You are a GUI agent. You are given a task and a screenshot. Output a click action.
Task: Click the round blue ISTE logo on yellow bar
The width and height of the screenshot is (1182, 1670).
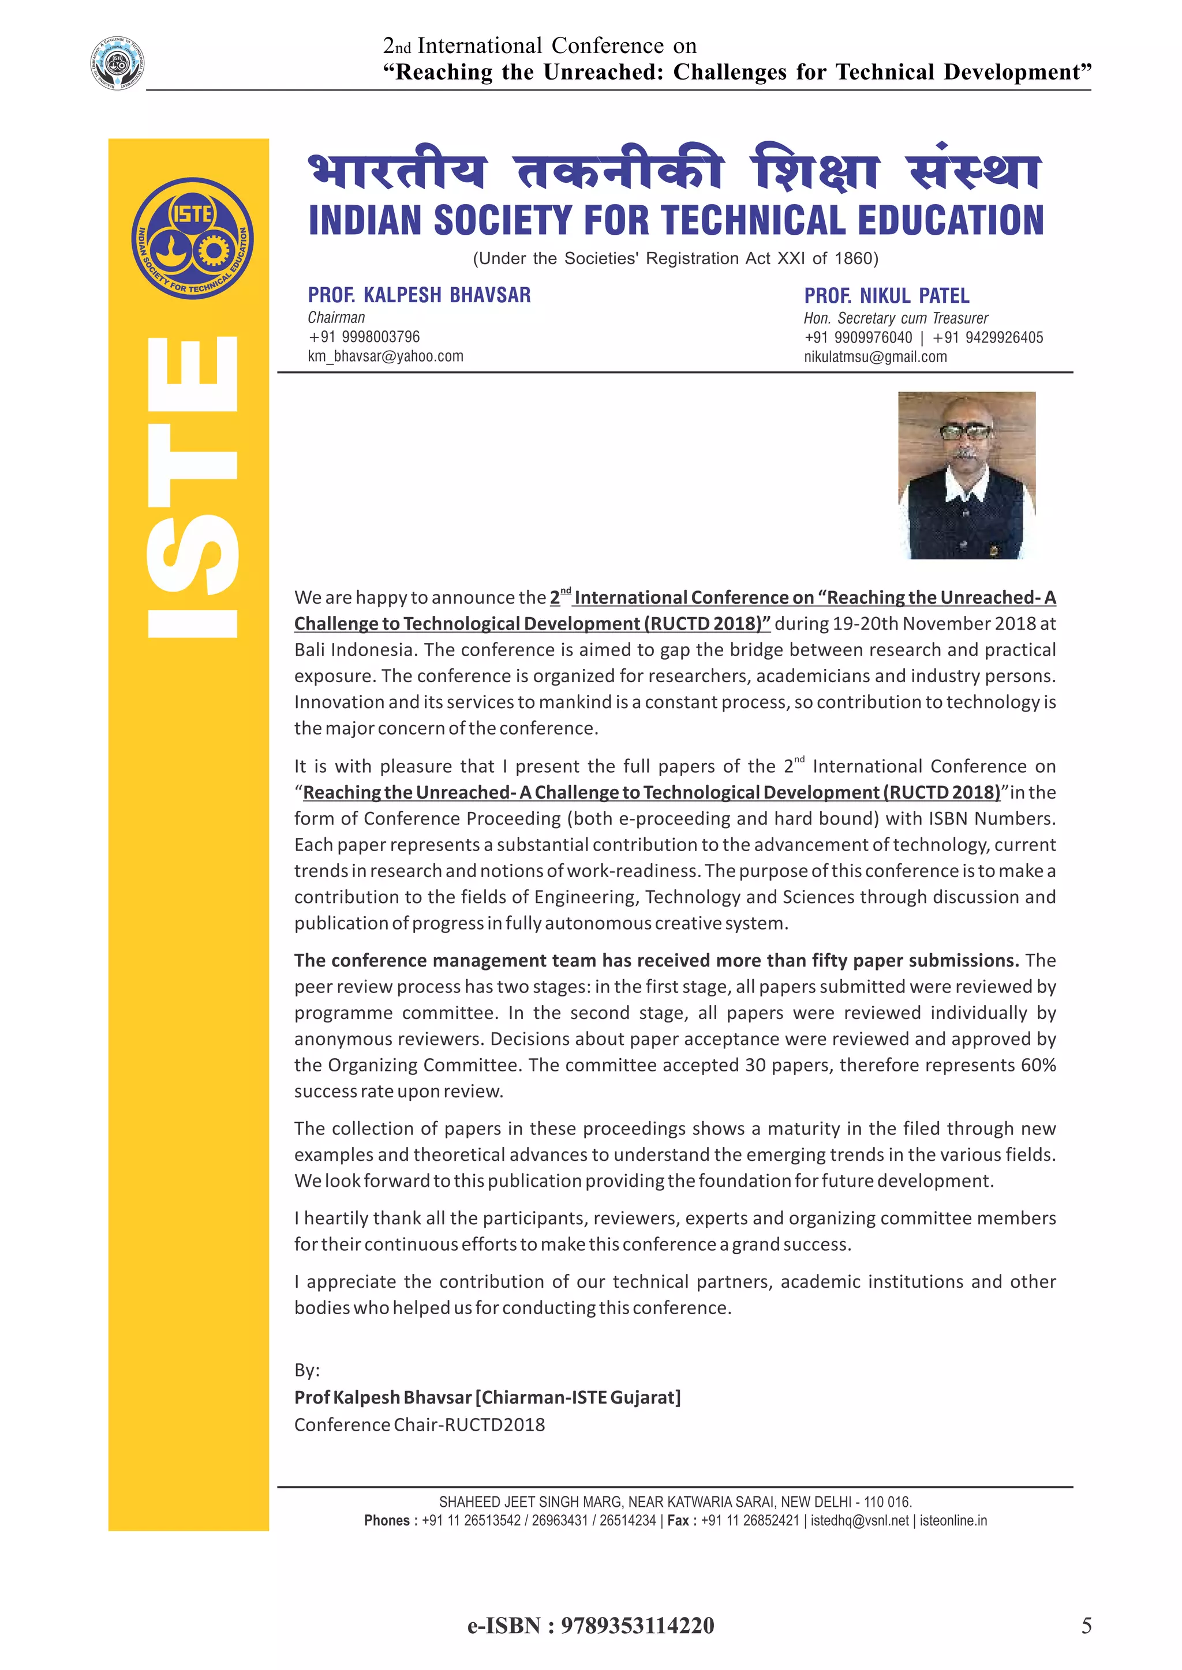click(x=192, y=238)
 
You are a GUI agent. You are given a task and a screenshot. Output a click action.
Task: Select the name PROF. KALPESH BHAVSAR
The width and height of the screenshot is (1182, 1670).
click(x=418, y=295)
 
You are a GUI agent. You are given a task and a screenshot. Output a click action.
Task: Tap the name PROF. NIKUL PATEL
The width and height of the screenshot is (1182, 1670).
click(x=886, y=295)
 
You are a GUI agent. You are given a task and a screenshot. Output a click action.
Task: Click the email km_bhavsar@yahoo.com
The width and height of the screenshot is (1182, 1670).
click(x=385, y=356)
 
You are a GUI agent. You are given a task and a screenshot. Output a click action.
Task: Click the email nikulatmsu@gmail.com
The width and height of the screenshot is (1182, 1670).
click(x=875, y=357)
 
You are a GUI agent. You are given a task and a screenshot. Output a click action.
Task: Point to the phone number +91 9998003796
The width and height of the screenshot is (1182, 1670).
click(x=364, y=337)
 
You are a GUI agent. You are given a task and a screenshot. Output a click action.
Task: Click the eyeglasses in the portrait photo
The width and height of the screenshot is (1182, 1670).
click(x=965, y=431)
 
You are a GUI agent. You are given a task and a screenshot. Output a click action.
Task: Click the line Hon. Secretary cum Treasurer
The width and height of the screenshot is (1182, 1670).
click(x=895, y=318)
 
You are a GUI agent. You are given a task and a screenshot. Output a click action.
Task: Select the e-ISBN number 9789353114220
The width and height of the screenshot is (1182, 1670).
click(x=637, y=1626)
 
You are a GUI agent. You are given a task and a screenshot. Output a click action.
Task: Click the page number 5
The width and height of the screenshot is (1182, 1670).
click(x=1086, y=1626)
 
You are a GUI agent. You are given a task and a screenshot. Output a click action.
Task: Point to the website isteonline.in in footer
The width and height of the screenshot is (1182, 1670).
click(x=953, y=1520)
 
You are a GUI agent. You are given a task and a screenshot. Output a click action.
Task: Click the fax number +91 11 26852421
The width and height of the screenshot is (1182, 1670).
click(x=750, y=1520)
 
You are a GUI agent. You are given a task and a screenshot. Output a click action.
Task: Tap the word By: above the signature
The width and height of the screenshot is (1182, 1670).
click(x=306, y=1370)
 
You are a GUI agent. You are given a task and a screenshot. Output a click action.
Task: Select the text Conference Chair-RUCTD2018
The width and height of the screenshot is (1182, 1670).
click(x=419, y=1425)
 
